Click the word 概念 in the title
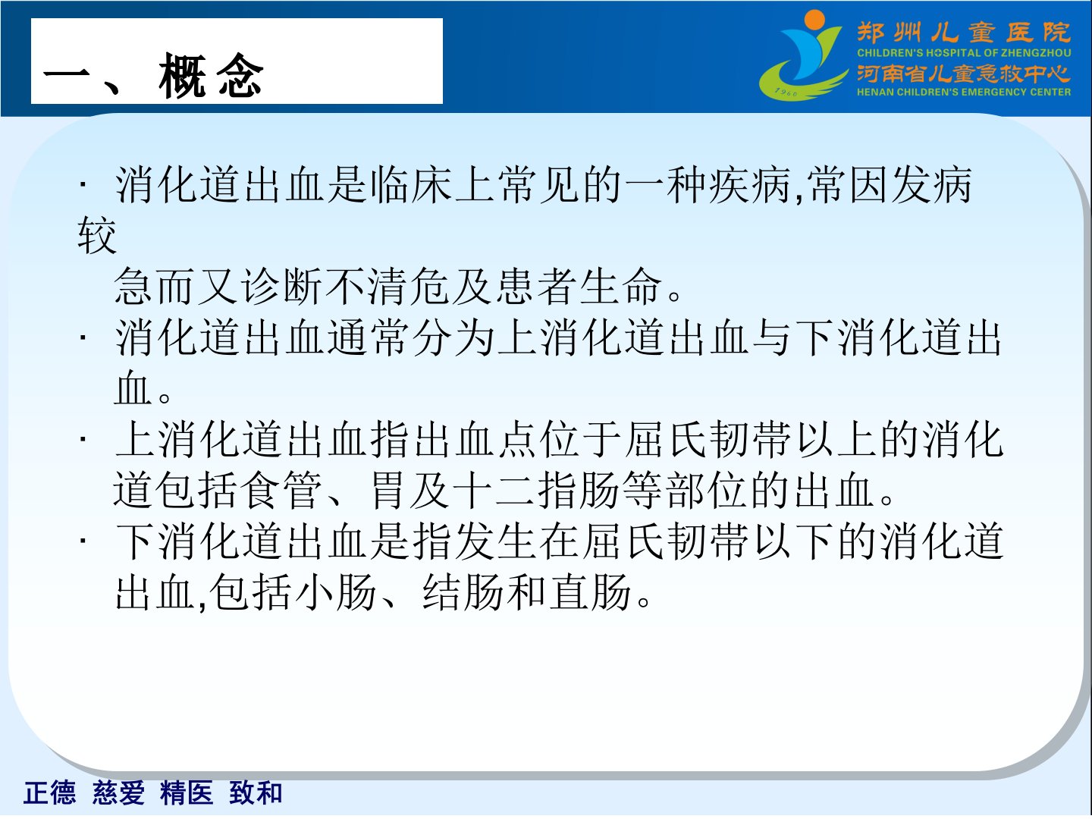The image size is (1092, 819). point(211,75)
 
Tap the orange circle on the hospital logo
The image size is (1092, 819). point(814,20)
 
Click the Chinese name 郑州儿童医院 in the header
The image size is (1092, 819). point(964,33)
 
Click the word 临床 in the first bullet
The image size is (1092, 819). point(410,185)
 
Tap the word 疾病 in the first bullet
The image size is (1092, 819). point(750,185)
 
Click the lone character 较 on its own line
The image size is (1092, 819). point(97,236)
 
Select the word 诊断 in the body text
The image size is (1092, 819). point(283,286)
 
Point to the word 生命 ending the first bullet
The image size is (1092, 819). point(621,286)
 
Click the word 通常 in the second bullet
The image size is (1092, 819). point(368,337)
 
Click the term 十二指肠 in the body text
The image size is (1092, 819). point(538,491)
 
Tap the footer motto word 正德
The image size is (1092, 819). point(50,792)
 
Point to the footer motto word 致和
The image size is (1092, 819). point(256,792)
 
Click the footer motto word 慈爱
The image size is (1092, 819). point(118,792)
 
